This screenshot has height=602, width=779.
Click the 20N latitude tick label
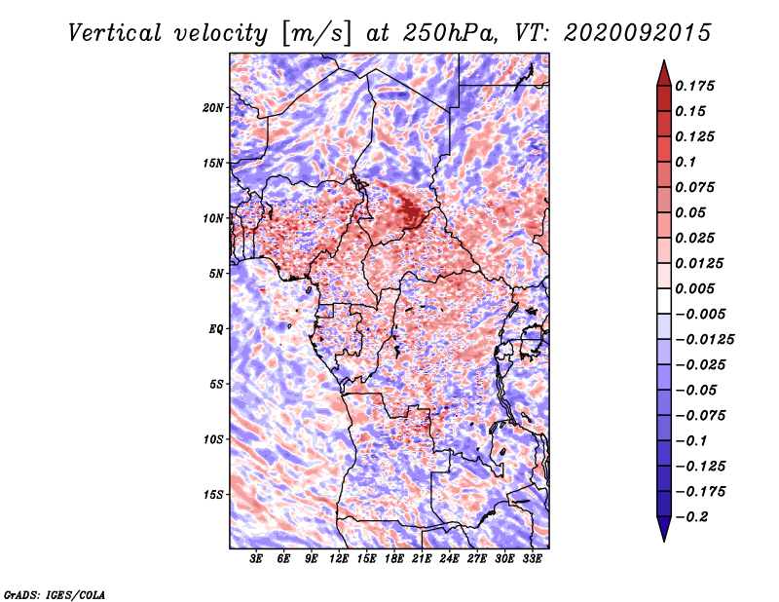(213, 108)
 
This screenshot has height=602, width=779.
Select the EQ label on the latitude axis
(216, 329)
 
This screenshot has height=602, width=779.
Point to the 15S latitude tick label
(213, 495)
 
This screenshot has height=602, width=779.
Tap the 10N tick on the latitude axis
(213, 218)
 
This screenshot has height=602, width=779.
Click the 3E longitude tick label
(256, 559)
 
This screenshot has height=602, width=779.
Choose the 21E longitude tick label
(422, 559)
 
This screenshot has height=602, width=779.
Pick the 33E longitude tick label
(532, 559)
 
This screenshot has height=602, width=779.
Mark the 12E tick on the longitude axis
(339, 559)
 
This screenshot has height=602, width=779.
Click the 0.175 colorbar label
(694, 86)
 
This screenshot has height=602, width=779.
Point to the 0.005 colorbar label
(694, 288)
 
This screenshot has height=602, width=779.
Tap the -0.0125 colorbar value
(704, 340)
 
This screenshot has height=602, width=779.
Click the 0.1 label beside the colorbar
(686, 162)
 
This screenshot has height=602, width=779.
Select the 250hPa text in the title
(450, 33)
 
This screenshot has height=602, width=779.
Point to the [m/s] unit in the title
(316, 34)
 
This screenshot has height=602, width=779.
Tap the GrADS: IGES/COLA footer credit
(55, 594)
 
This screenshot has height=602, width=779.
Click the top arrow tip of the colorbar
(664, 60)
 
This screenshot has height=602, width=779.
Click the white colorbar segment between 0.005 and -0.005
(664, 301)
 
